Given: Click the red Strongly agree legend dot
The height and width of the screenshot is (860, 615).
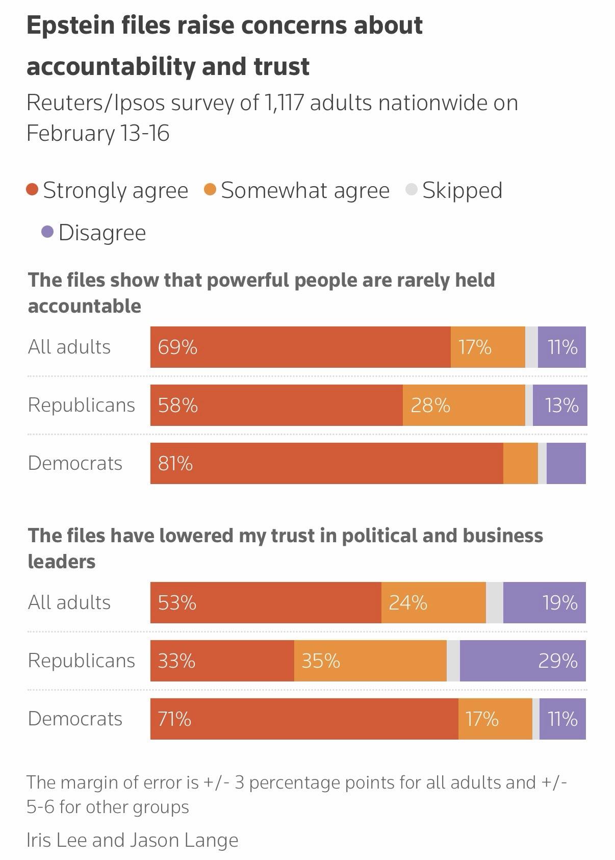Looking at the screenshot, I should pos(33,190).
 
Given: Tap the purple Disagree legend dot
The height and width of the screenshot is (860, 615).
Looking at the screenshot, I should pos(47,233).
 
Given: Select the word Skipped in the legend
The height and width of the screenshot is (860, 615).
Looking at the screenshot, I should pos(462,190).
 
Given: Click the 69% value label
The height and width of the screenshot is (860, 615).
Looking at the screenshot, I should pos(177,347).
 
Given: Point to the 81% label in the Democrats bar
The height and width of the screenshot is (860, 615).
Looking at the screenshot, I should pos(175,464).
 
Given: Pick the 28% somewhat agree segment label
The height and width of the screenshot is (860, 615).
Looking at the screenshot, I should pos(430,406).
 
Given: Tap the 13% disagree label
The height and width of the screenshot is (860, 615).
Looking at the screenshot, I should pos(561,406).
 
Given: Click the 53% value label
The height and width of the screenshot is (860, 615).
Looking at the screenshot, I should pos(177,603).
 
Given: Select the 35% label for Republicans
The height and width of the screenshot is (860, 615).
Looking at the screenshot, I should pos(321,661).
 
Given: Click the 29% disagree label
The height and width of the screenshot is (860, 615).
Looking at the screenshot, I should pos(558,661).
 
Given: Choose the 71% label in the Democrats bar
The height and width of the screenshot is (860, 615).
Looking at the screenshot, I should pos(174,719).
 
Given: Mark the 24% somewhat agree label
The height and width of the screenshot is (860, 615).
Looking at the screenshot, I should pos(408,603).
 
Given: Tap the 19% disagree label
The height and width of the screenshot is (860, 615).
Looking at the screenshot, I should pos(560,603).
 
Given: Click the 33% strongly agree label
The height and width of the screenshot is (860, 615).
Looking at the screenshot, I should pos(176,661).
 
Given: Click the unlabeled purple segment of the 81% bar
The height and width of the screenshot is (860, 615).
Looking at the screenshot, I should pos(566,463).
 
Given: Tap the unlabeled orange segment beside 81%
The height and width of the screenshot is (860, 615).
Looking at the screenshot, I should pos(520,463).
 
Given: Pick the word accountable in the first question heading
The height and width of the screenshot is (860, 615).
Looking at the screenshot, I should pos(85,306).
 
